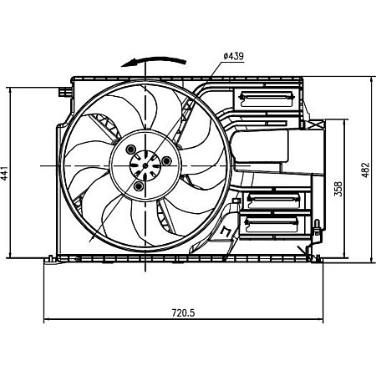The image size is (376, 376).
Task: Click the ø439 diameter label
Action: (232, 56)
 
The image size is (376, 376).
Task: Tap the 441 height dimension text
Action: (7, 174)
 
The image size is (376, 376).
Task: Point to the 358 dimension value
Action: (337, 189)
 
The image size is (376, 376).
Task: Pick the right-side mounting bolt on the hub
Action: (166, 160)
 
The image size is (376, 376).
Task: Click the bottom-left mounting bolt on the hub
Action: (136, 187)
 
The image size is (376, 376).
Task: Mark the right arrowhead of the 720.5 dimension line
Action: (321, 320)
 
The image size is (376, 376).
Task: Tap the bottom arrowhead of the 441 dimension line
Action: (9, 256)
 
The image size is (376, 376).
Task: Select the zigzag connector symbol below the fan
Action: (228, 231)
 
